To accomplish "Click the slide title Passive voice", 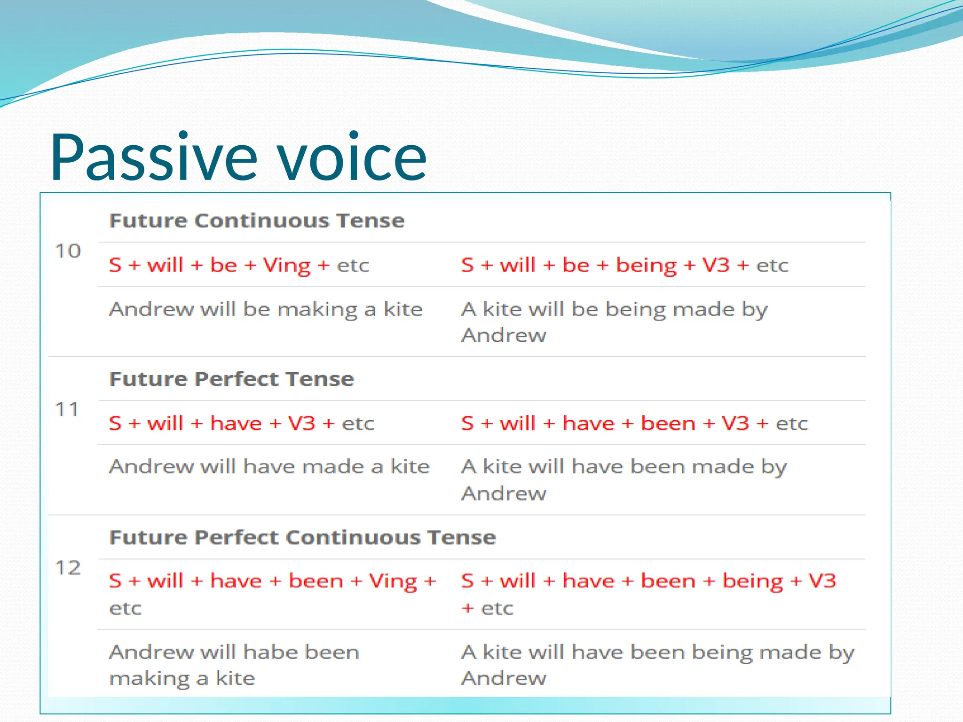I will [238, 157].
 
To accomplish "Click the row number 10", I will [68, 251].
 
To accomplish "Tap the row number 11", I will [67, 409].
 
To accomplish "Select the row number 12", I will [68, 568].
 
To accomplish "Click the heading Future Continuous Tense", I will [257, 220].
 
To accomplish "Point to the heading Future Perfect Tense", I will [231, 379].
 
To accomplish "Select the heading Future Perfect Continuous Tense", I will [302, 537].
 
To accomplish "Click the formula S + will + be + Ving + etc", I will [238, 265].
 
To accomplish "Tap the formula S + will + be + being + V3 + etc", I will [624, 265].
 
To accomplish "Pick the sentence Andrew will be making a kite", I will [266, 309].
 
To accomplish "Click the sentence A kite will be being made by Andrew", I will [614, 322].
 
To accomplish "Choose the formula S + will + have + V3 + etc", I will [241, 424].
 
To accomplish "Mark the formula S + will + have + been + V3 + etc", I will [634, 424].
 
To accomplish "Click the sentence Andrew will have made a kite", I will [269, 467].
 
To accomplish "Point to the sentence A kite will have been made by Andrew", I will [624, 479].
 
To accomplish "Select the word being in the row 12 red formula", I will [752, 581].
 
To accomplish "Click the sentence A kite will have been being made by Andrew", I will [657, 664].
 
